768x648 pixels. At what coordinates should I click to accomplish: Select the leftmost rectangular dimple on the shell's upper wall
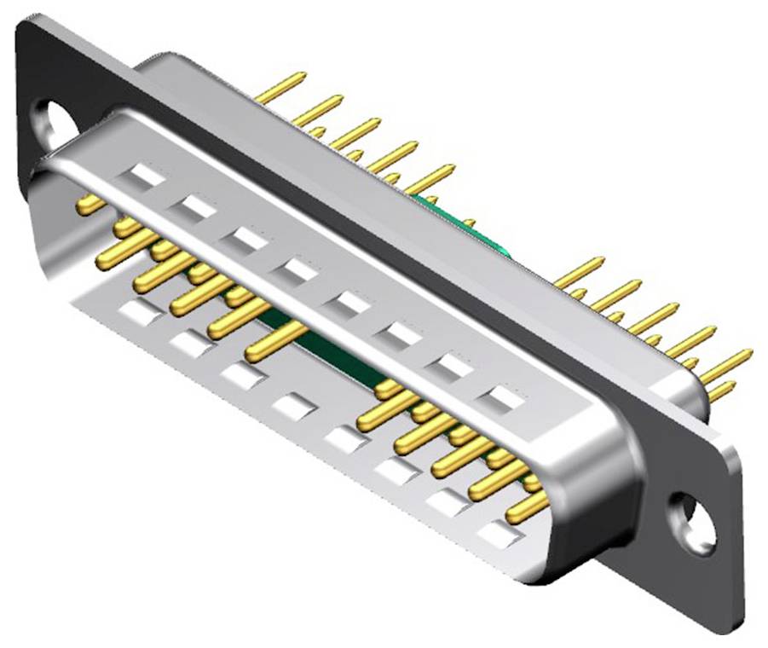(x=144, y=176)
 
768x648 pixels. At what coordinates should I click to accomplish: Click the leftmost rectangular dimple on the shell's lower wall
(x=140, y=313)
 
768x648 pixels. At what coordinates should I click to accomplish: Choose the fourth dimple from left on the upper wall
(x=298, y=271)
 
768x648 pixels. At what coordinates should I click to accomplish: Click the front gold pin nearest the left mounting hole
(x=91, y=203)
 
